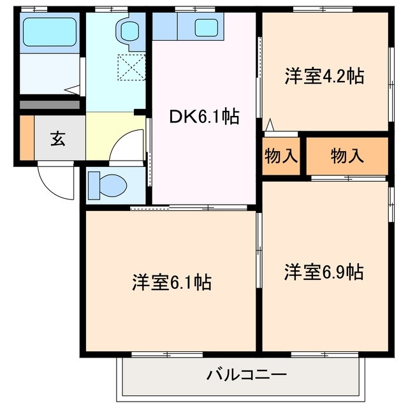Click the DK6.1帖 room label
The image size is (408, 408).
click(x=204, y=117)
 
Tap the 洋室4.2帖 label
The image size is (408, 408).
click(x=324, y=77)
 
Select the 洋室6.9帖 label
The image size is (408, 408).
click(x=324, y=272)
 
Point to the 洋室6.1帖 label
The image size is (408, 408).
click(x=172, y=281)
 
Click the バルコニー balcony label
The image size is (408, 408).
click(x=246, y=374)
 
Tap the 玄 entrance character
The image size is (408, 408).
click(x=58, y=138)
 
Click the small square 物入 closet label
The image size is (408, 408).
click(x=280, y=156)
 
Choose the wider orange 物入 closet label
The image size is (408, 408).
click(x=347, y=156)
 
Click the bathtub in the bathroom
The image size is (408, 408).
click(x=50, y=31)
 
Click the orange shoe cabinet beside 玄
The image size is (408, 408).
click(x=26, y=138)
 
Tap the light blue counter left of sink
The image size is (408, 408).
click(x=164, y=27)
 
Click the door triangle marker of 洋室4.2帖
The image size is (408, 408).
click(x=270, y=126)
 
